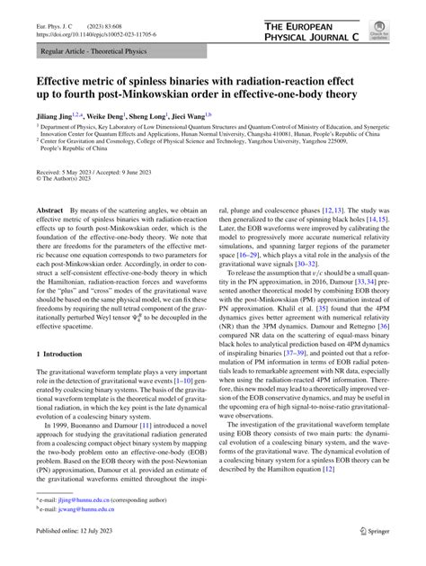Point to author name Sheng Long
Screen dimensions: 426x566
(x=158, y=115)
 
